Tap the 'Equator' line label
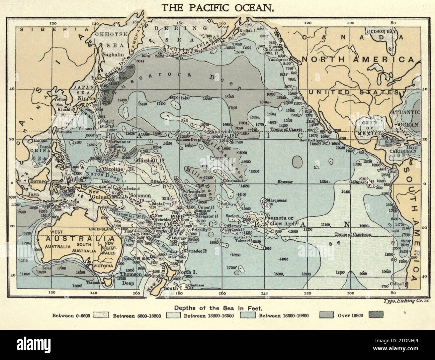click(285, 182)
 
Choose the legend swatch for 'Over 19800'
click(376, 315)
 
